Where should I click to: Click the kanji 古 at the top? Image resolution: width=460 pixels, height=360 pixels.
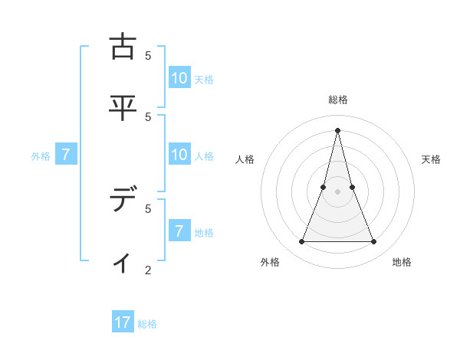[123, 47]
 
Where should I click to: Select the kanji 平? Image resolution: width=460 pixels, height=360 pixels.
[123, 106]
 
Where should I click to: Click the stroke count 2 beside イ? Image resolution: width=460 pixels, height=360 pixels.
[148, 270]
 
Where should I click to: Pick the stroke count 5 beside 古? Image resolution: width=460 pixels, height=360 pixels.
[148, 55]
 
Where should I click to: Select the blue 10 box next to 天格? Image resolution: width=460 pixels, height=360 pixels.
[179, 78]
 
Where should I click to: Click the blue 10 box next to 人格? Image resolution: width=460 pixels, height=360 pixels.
[179, 155]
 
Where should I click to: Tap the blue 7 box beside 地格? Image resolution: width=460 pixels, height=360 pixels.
[179, 231]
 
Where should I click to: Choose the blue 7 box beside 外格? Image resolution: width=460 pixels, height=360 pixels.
[66, 155]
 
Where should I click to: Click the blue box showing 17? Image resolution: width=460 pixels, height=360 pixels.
[123, 322]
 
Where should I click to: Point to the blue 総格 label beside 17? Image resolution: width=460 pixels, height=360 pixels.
[147, 324]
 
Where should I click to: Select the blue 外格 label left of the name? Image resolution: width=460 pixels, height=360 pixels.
[41, 156]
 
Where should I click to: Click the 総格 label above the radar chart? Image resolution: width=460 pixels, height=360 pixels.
[338, 100]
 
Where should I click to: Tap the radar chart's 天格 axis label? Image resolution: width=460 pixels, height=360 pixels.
[431, 159]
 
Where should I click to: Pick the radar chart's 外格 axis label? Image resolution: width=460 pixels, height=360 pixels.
[270, 262]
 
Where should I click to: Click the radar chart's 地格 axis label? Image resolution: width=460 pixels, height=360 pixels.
[402, 262]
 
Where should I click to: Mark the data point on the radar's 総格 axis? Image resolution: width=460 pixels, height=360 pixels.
[337, 129]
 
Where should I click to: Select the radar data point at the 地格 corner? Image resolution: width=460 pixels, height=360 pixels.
[374, 242]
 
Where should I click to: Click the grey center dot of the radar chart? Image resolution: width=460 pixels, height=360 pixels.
[337, 191]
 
